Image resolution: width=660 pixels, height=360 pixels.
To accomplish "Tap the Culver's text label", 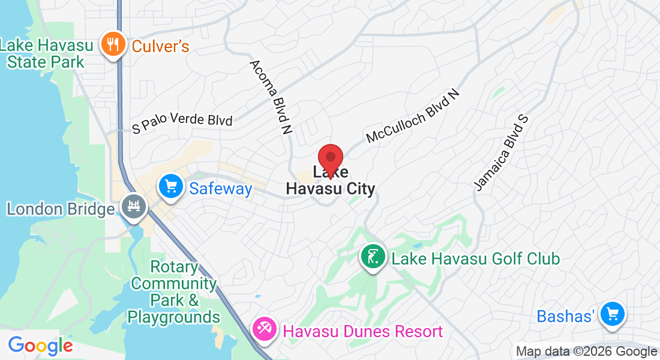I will tap(160, 46).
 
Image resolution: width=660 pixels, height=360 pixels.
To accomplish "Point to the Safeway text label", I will tap(220, 189).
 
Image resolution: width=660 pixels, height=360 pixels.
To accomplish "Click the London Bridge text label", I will tap(60, 209).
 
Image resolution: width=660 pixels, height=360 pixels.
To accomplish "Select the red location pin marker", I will tap(330, 160).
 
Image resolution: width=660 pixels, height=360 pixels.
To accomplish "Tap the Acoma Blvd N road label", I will tap(271, 96).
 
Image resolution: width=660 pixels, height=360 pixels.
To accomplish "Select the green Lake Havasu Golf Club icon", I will tap(373, 257).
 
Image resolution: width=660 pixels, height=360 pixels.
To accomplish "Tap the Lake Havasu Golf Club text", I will tap(475, 259).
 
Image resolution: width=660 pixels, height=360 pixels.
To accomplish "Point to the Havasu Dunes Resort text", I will tap(362, 331).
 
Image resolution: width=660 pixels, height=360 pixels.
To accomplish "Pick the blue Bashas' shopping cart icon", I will tap(613, 313).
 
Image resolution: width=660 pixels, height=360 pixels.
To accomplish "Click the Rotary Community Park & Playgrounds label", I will tap(174, 292).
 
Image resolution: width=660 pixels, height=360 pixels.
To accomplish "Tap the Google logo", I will tap(40, 346).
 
